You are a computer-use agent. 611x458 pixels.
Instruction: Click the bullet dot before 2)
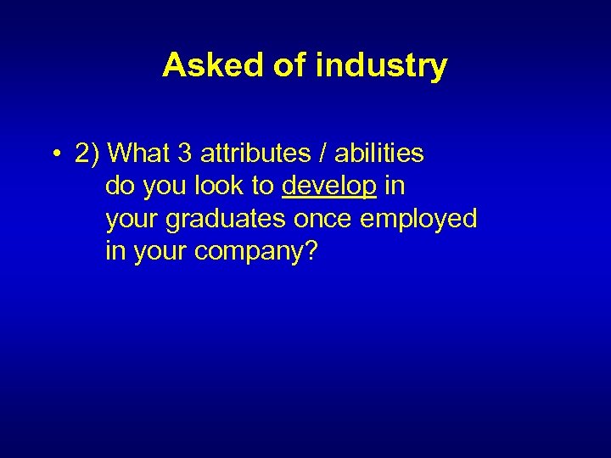(x=53, y=154)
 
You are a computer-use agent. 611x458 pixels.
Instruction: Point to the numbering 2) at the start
(x=88, y=154)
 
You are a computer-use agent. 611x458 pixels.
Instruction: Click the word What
(x=141, y=154)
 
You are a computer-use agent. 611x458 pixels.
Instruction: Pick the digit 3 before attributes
(x=185, y=154)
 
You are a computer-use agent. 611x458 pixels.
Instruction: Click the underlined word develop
(x=328, y=187)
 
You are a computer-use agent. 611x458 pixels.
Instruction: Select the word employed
(x=418, y=219)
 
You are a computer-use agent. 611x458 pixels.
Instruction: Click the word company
(x=247, y=252)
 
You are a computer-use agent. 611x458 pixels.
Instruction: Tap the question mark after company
(x=309, y=250)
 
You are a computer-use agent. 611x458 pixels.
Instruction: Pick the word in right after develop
(x=395, y=186)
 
